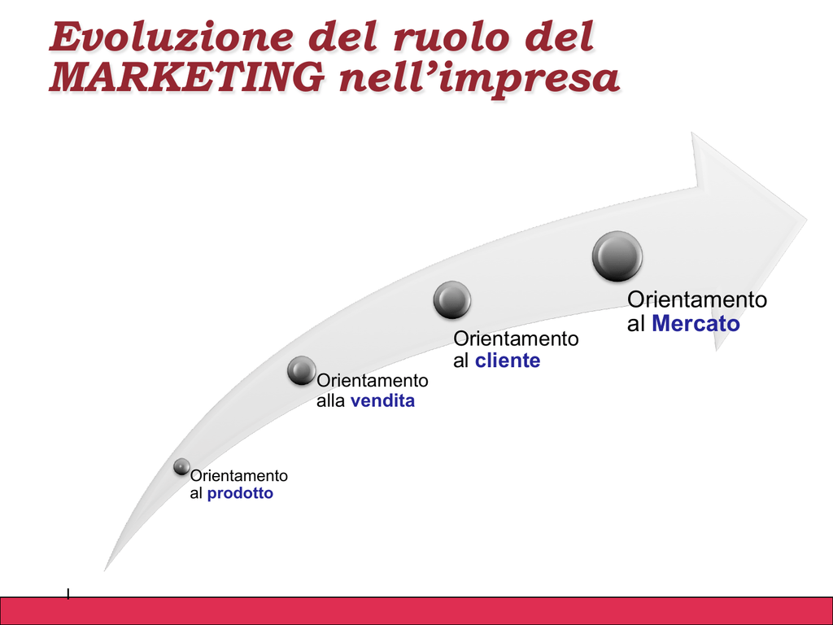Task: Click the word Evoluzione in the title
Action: [171, 37]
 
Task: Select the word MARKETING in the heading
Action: [186, 76]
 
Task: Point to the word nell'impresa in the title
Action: [479, 79]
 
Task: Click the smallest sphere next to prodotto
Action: [181, 466]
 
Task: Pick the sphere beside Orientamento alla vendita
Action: [302, 370]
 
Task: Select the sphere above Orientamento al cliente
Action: [452, 299]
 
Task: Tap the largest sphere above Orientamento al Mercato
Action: [617, 256]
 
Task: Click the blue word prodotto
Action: [240, 493]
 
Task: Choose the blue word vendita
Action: [382, 400]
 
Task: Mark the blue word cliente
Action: [508, 361]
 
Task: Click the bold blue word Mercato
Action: [696, 323]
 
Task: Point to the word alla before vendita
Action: [330, 400]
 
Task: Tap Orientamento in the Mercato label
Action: [697, 299]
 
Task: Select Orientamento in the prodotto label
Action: [239, 475]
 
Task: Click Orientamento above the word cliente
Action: [516, 338]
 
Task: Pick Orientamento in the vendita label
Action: [373, 381]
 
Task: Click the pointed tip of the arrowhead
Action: [807, 219]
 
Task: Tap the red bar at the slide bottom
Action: [416, 610]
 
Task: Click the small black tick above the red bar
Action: [68, 593]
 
